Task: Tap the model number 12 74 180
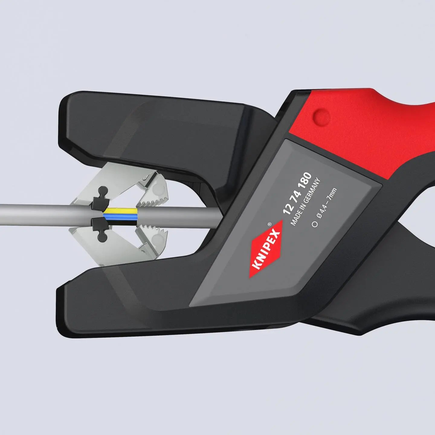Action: click(x=297, y=193)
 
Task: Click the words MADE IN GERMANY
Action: click(x=305, y=202)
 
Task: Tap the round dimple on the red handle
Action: click(x=321, y=116)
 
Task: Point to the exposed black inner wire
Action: click(x=121, y=220)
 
